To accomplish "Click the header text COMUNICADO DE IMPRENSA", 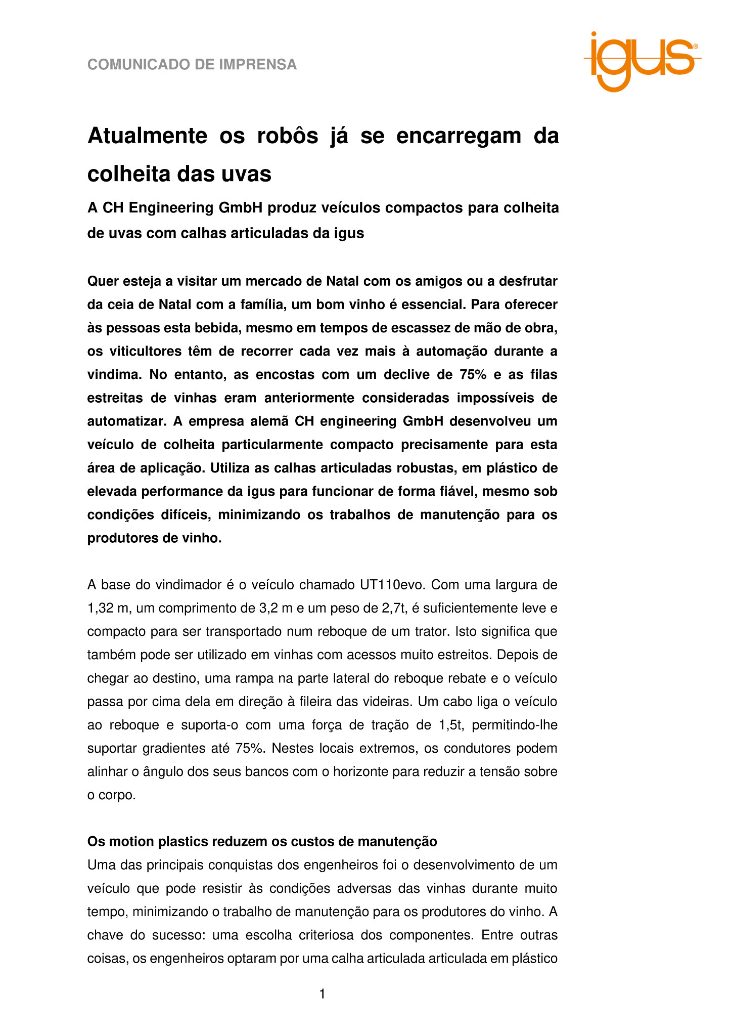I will [192, 65].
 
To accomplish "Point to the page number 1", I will [323, 995].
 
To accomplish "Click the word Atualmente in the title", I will [148, 137].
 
